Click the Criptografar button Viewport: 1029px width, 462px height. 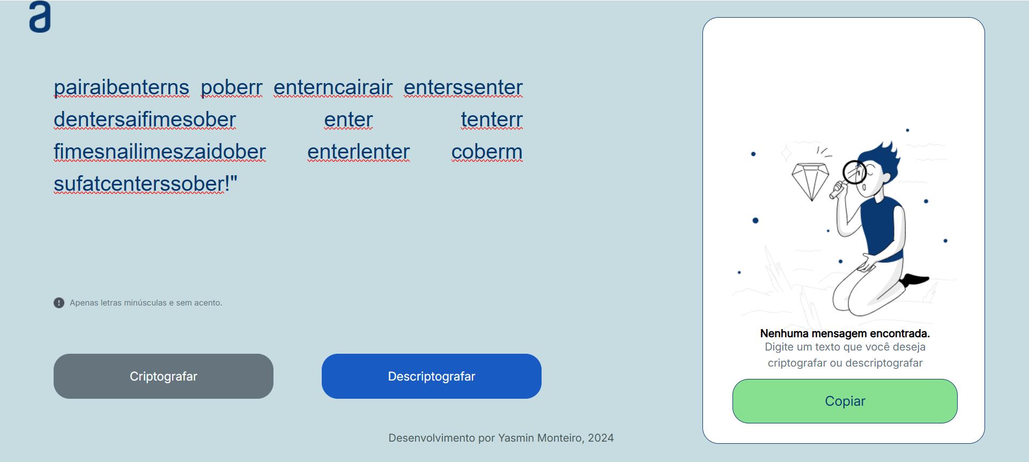coord(164,376)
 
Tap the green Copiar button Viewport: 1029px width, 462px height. coord(845,401)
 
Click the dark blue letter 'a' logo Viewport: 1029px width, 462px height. coord(40,17)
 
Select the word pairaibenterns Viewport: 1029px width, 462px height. coord(122,87)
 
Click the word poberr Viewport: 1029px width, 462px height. coord(232,87)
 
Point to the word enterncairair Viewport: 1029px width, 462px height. coord(333,87)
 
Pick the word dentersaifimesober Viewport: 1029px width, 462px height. coord(145,120)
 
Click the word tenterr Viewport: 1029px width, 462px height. coord(492,120)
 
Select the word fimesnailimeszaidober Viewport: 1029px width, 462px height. coord(160,152)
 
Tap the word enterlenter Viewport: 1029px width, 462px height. coord(359,152)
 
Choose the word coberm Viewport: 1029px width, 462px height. coord(487,152)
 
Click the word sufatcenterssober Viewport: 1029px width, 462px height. coord(139,184)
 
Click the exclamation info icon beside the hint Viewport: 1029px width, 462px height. coord(59,303)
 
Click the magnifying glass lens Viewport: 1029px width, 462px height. coord(854,172)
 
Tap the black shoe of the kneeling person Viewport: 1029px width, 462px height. coord(914,279)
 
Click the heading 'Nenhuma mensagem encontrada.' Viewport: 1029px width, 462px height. coord(845,333)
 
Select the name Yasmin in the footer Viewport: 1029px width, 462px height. coord(516,438)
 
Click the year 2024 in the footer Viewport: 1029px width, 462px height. coord(601,438)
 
